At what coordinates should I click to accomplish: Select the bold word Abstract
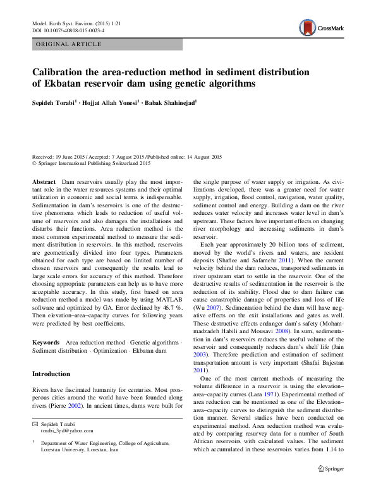[44, 181]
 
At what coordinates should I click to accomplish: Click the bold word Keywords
[45, 342]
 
